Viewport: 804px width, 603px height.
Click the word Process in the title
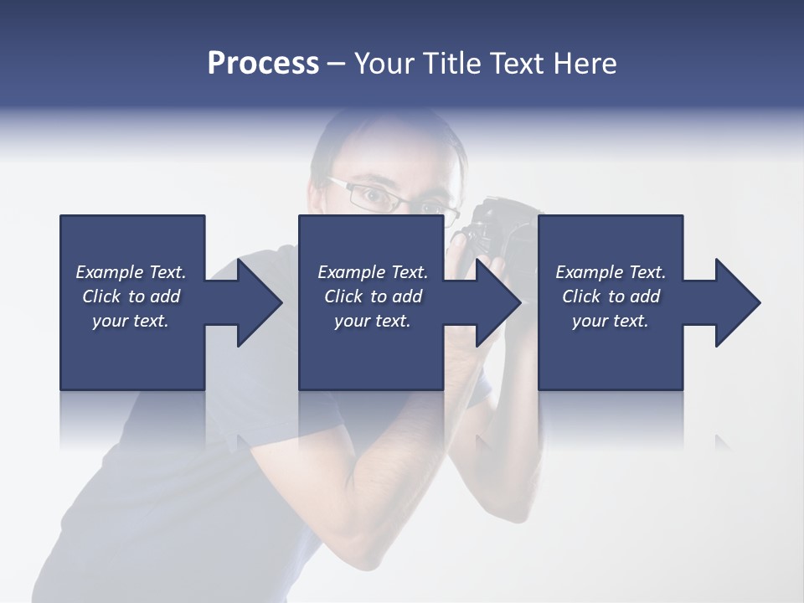tap(263, 64)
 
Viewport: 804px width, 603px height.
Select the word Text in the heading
tap(515, 64)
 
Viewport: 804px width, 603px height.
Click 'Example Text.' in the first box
tap(131, 272)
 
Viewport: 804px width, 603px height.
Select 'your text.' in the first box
tap(131, 321)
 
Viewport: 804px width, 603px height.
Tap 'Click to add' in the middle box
tap(373, 296)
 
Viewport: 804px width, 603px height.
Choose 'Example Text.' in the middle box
tap(373, 272)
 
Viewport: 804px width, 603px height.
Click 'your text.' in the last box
tap(611, 321)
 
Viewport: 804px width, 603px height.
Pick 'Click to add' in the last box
tap(611, 296)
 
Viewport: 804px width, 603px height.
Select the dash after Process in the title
tap(337, 64)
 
